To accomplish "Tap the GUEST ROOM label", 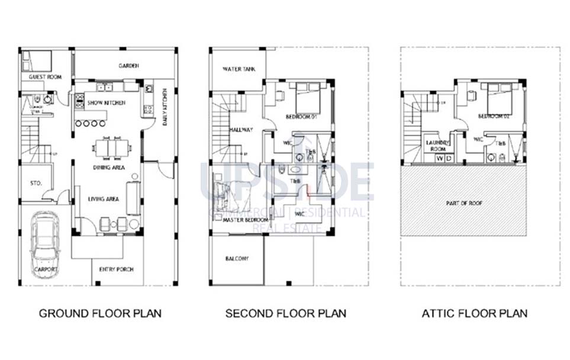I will click(x=46, y=77).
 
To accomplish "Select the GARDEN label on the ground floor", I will click(x=128, y=66).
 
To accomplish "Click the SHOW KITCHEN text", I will click(x=107, y=102).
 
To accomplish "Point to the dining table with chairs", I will click(x=112, y=149).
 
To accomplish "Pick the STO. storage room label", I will click(x=36, y=184).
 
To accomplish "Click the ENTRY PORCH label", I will click(x=117, y=269).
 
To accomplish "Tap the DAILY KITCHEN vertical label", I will click(x=165, y=108).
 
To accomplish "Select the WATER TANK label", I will click(x=239, y=69).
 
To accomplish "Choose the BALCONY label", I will click(x=237, y=259).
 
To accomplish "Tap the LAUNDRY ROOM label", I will click(x=439, y=146).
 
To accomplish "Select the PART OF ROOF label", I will click(x=463, y=203).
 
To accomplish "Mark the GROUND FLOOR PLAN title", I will click(x=100, y=313).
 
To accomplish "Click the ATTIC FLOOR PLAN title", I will click(x=474, y=313).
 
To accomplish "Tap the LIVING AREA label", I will click(x=104, y=199).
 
